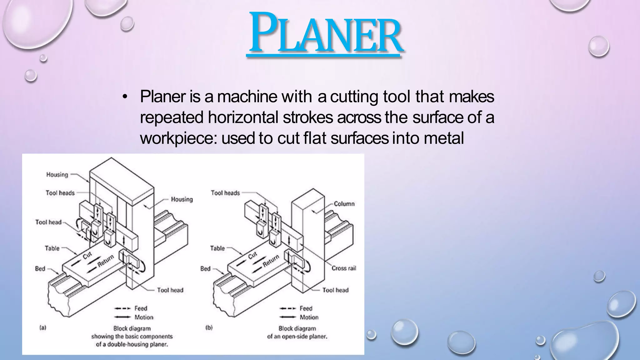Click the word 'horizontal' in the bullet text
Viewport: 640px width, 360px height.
point(243,117)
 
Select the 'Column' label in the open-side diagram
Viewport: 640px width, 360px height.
point(344,204)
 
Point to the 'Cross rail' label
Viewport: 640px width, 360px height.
point(344,268)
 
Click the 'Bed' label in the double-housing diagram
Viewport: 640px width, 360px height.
point(40,268)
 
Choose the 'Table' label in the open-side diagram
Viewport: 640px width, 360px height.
point(217,248)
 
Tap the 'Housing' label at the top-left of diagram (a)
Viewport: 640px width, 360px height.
point(57,175)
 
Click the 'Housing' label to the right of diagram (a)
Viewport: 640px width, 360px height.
point(182,199)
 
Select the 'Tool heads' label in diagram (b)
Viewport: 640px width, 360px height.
point(225,193)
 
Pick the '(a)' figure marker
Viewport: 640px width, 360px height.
point(43,328)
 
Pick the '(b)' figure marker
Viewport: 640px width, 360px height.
point(209,328)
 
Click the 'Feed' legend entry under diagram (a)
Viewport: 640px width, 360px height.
point(141,308)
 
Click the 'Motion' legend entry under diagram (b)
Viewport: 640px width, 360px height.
point(309,317)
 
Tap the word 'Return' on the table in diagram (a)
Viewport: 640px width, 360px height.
point(106,261)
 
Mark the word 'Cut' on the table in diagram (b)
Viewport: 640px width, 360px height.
point(252,256)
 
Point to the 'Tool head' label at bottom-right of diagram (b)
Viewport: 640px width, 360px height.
point(335,290)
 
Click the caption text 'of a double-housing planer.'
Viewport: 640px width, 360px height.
point(132,345)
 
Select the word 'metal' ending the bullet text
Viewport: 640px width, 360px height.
point(444,138)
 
